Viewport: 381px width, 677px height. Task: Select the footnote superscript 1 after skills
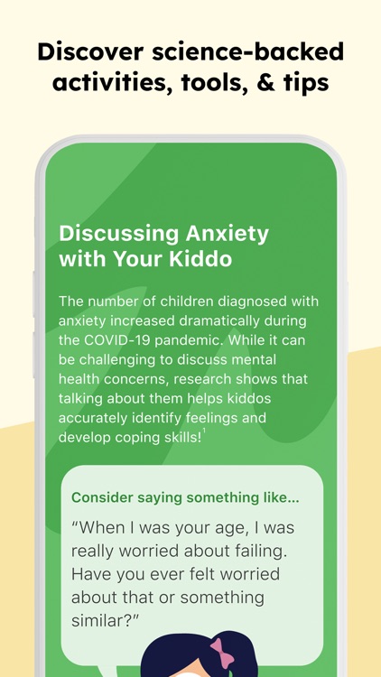click(204, 431)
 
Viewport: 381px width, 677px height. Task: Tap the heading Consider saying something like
click(185, 497)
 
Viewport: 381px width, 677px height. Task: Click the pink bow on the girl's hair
click(221, 652)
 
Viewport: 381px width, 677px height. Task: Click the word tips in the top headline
click(302, 83)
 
